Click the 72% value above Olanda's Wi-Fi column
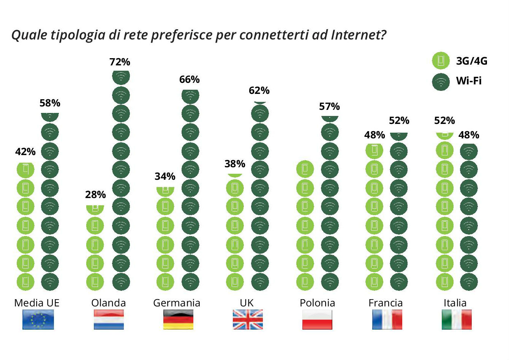120,62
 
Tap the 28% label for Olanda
95,195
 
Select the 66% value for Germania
190,79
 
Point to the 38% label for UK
235,164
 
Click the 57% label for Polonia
329,106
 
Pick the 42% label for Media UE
25,152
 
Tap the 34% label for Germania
165,176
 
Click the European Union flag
38,319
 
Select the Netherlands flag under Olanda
109,319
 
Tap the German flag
178,319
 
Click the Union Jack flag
248,319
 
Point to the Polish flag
317,319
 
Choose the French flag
387,319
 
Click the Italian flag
457,319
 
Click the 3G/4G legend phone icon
441,61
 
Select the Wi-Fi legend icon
441,81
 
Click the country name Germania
177,303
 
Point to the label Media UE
37,303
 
